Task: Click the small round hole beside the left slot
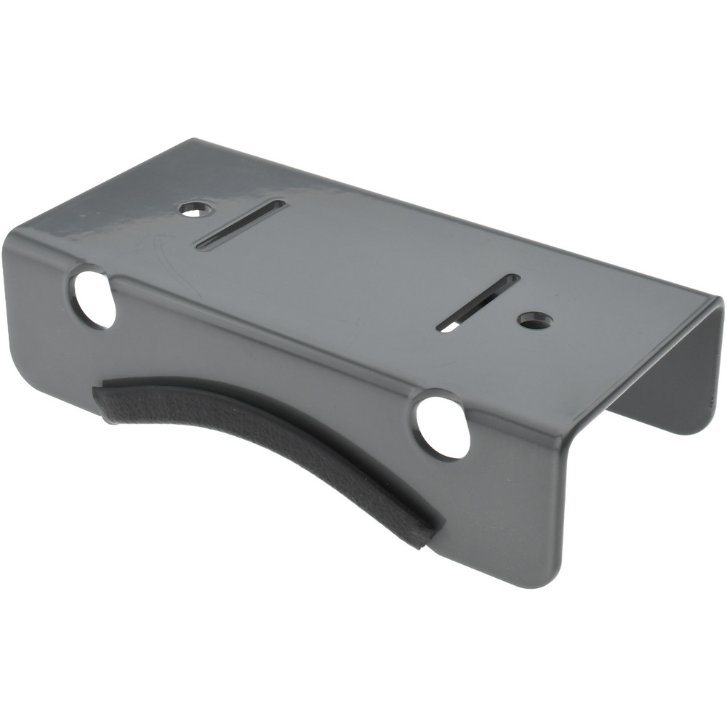(195, 209)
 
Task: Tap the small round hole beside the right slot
(535, 320)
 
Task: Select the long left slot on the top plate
(241, 225)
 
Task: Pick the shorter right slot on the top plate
(478, 302)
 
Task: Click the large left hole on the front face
(93, 298)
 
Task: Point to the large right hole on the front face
(443, 427)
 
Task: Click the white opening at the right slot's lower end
(449, 327)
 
